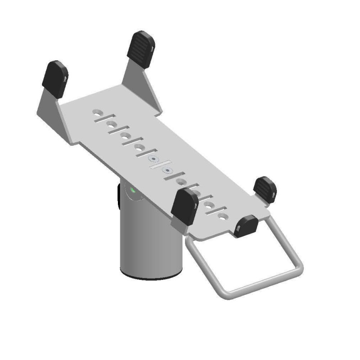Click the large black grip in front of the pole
pos(185,206)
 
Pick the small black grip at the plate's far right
pos(265,189)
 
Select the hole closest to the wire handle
pos(222,216)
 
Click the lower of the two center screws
pos(168,171)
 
